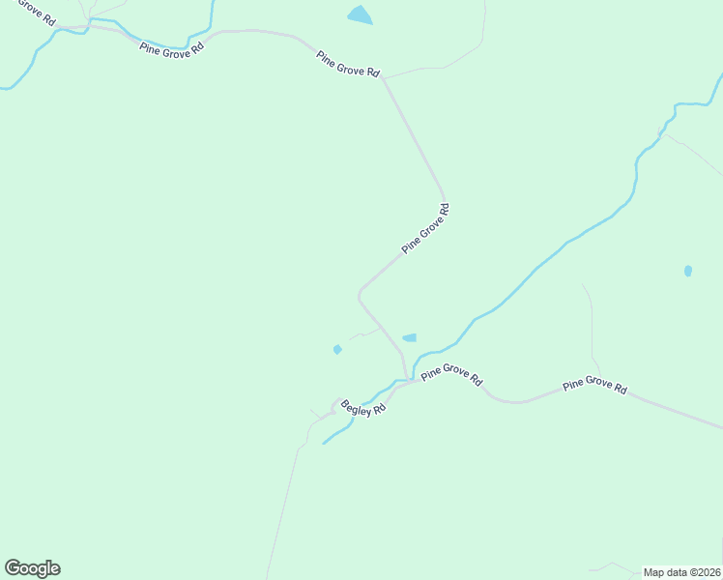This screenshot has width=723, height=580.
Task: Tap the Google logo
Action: tap(32, 568)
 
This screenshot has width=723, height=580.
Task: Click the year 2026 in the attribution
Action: tap(707, 571)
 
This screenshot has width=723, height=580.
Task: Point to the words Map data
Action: tap(667, 571)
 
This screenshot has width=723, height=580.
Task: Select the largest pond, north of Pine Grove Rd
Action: tap(360, 14)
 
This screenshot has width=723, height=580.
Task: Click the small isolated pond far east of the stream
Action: tap(688, 272)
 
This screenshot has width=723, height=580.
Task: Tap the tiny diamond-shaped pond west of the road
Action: tap(337, 349)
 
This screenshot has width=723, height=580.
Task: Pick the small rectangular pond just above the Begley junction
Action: tap(410, 337)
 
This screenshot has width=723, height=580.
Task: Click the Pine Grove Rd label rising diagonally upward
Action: tap(426, 228)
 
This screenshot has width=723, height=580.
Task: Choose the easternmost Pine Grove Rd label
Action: tap(594, 385)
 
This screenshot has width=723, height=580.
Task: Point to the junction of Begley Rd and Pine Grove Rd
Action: tap(406, 382)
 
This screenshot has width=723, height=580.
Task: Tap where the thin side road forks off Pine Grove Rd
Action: tap(384, 76)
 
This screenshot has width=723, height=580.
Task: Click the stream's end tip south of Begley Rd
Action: tap(323, 444)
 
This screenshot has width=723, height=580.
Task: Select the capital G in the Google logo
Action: tap(13, 568)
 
